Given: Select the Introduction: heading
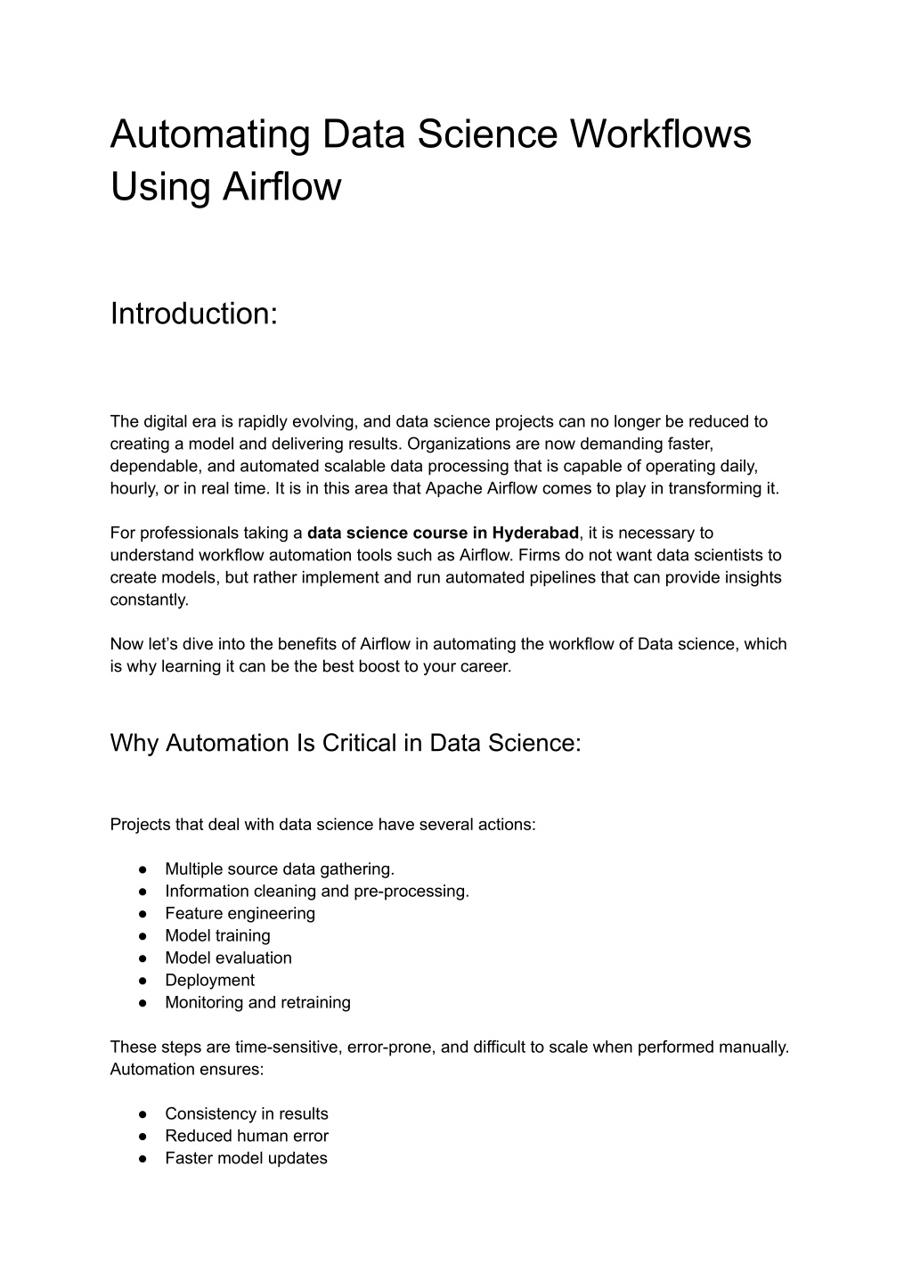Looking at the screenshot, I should point(194,314).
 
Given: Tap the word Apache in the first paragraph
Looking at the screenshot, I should point(453,488).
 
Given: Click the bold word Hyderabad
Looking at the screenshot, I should point(535,533).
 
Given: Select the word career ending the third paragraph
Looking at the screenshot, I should point(486,666).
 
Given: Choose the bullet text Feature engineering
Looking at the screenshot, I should point(240,913).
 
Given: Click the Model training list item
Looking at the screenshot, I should point(217,935).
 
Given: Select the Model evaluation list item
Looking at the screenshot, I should point(228,958).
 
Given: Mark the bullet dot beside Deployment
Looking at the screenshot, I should point(142,980).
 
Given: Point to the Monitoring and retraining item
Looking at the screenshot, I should point(257,1002).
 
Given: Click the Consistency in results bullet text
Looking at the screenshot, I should point(246,1113).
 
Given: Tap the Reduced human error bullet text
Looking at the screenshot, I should point(246,1136).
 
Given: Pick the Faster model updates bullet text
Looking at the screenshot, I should point(246,1158).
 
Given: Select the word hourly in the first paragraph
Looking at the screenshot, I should point(133,488).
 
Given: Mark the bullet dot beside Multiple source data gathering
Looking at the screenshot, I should point(142,868).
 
